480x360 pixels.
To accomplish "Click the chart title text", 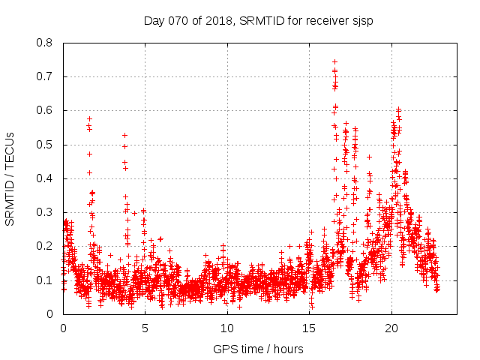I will pos(259,20).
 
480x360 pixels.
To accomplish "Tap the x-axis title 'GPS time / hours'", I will pos(259,349).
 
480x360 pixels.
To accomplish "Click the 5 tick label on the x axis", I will pos(145,328).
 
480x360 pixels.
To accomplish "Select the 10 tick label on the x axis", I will pos(227,328).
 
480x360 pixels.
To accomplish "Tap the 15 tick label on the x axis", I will pos(309,328).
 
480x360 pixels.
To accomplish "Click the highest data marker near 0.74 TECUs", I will pos(334,61).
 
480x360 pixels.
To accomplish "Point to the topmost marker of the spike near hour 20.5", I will pos(398,109).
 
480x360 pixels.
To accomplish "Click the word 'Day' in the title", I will pos(154,20).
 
